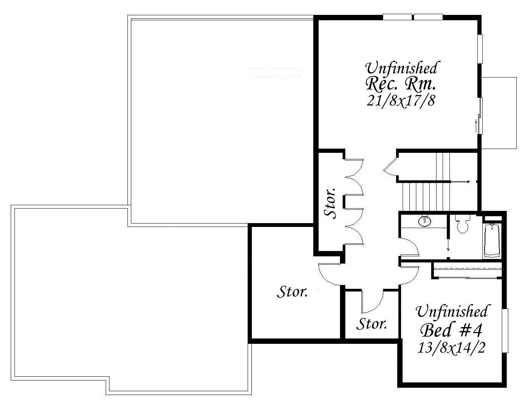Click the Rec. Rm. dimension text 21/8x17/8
(x=401, y=101)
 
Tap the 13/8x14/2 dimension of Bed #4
(x=451, y=347)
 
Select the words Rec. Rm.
(x=400, y=84)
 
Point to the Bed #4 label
(x=451, y=330)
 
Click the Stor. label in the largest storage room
(x=292, y=292)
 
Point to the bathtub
(x=492, y=240)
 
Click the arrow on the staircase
(x=460, y=182)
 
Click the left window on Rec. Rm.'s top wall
(x=397, y=17)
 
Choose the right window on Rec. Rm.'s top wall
(x=428, y=17)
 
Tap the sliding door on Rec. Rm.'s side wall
(x=480, y=116)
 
